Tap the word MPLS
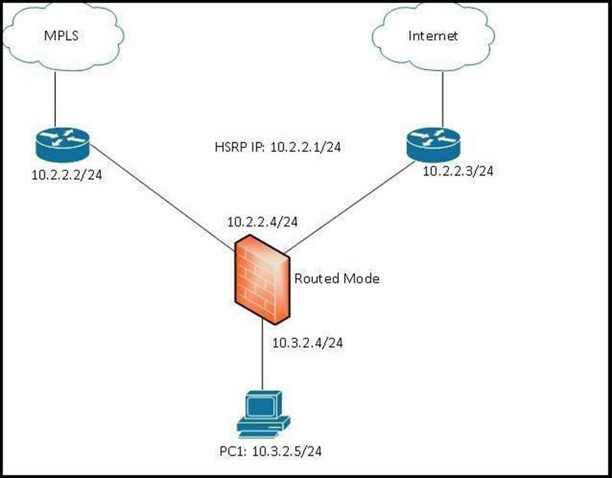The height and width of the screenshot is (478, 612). tap(55, 36)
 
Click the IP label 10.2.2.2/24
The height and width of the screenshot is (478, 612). tap(67, 176)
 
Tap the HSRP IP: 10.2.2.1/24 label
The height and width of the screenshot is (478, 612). tap(278, 146)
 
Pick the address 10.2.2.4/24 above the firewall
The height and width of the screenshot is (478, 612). tap(262, 221)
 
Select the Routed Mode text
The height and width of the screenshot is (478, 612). tap(337, 279)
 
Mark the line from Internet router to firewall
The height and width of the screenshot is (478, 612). tap(353, 203)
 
